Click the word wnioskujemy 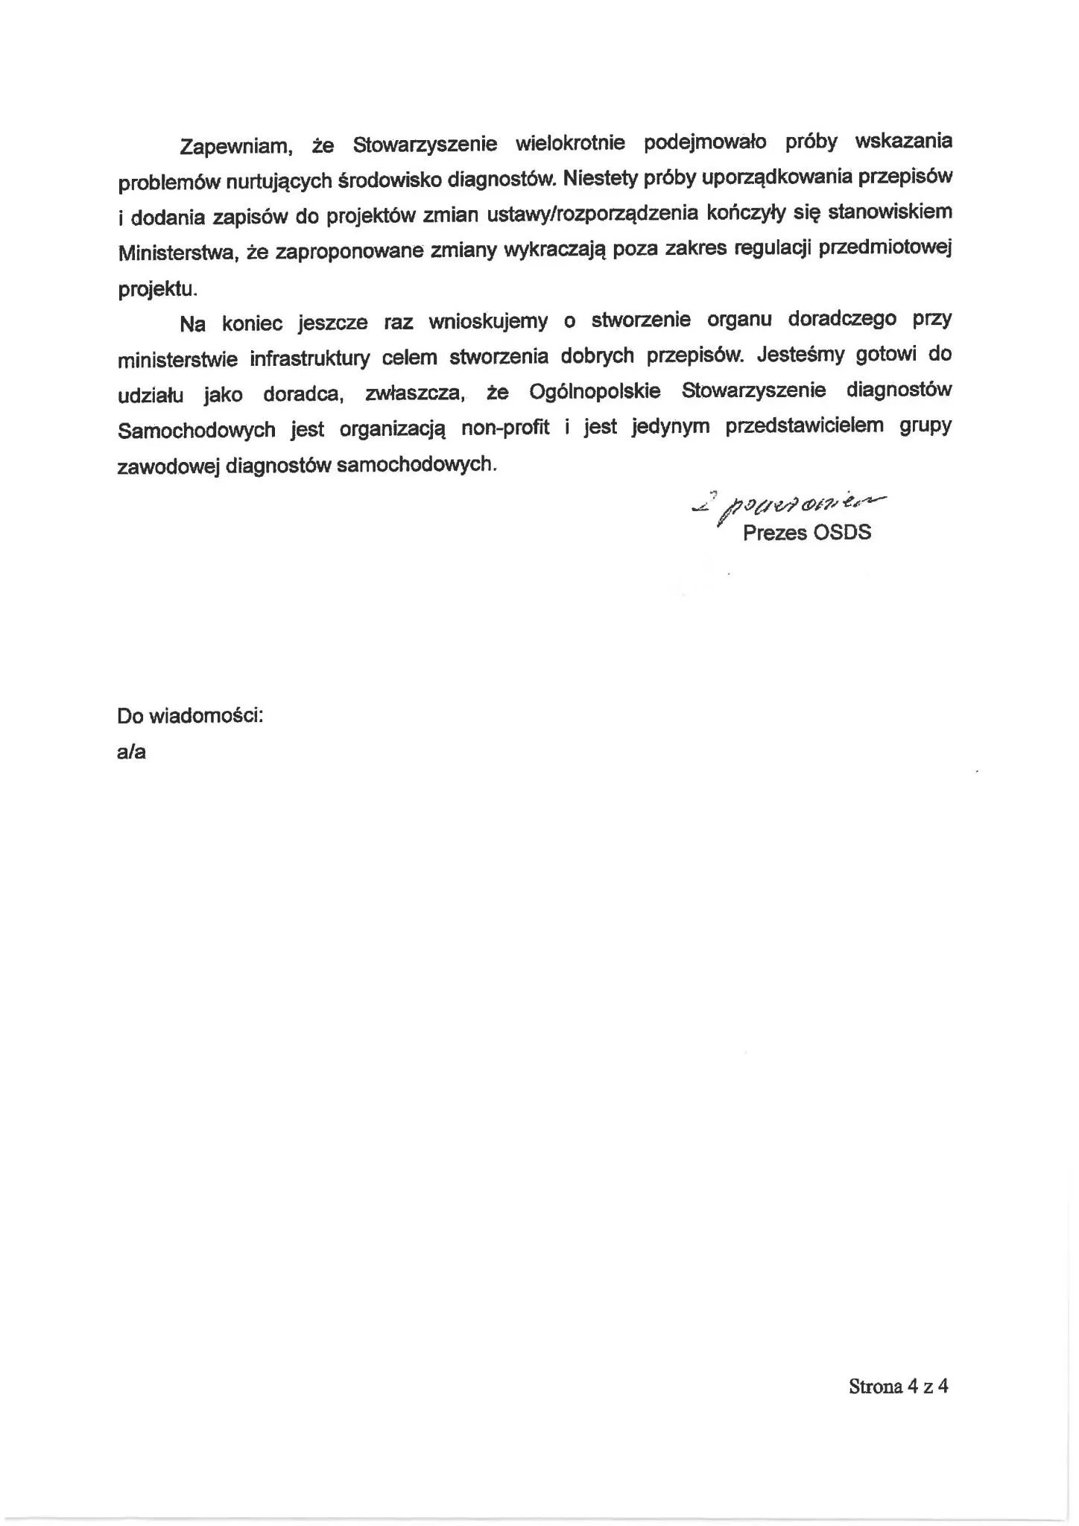488,322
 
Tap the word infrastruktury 310,358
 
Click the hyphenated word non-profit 506,428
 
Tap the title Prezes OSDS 806,533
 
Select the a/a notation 131,752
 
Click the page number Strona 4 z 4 898,1386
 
